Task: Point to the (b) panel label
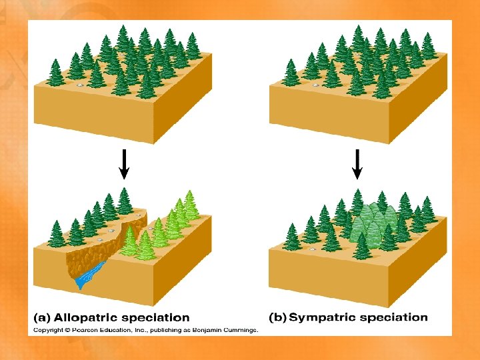pos(277,317)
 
